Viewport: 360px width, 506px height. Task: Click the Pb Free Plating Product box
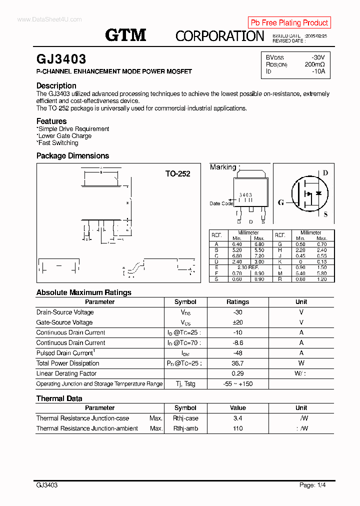coord(289,22)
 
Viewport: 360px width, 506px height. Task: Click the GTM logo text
coord(125,35)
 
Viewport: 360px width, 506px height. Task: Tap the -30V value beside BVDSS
coord(317,57)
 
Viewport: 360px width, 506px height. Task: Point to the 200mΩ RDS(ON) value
coord(314,64)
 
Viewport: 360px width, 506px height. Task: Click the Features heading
coord(51,121)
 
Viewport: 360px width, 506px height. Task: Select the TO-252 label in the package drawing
coord(178,174)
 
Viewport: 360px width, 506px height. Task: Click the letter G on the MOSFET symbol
coord(281,202)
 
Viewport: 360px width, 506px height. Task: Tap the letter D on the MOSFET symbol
coord(325,173)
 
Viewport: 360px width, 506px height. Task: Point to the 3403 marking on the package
coord(245,195)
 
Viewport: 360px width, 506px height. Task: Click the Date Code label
coord(221,203)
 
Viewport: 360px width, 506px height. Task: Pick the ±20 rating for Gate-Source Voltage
coord(237,322)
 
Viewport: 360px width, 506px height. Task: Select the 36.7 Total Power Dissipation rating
coord(237,363)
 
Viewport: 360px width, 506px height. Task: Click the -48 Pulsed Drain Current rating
coord(237,353)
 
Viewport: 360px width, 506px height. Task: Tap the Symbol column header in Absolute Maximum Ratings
coord(185,302)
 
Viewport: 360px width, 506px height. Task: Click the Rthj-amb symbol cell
coord(185,428)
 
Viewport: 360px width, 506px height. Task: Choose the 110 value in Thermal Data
coord(237,428)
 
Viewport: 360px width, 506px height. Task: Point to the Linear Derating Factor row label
coord(66,373)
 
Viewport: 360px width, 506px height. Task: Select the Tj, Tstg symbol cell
coord(185,384)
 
